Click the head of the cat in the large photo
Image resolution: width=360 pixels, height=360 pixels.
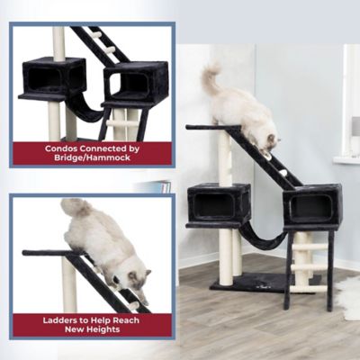[267, 137]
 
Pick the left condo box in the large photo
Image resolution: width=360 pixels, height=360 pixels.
[219, 202]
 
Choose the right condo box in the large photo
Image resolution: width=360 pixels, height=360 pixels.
[311, 205]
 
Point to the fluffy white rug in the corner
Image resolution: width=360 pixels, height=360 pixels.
[349, 297]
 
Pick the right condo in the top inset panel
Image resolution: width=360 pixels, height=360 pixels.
[133, 83]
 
